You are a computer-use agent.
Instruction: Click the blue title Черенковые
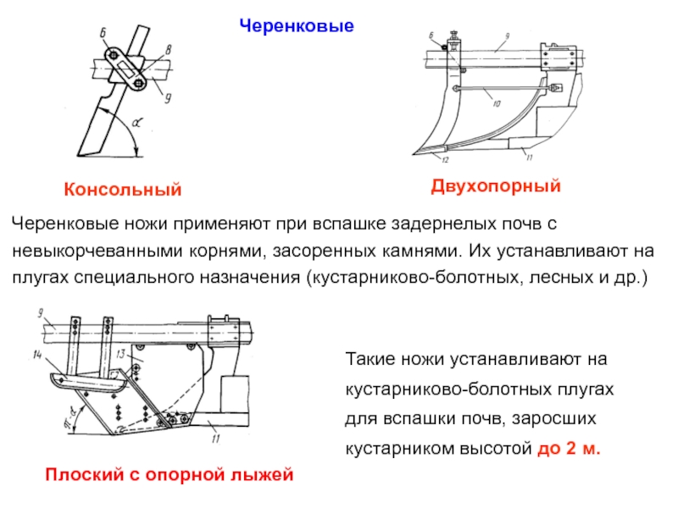pos(295,27)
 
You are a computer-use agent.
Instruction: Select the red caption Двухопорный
pos(496,185)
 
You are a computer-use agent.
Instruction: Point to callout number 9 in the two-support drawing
pos(506,36)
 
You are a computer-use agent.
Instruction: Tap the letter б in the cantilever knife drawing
pos(102,32)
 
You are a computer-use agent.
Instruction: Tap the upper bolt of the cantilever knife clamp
pos(112,55)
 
